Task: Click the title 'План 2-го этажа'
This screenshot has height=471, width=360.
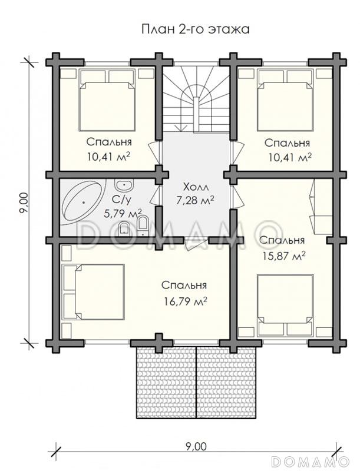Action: coord(196,29)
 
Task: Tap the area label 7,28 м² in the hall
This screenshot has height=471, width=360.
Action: coord(196,200)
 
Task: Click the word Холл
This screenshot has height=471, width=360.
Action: coord(196,187)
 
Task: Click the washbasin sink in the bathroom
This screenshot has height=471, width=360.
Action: coord(124,185)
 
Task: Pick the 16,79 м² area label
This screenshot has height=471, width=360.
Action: coord(185,301)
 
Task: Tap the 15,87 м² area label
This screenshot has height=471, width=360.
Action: coord(284,256)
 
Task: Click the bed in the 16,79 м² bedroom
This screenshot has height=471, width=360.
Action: coord(93,291)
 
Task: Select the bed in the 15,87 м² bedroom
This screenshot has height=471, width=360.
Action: coord(285,305)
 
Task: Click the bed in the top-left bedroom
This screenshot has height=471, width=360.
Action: coord(107,100)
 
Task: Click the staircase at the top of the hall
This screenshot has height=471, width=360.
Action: coord(197,98)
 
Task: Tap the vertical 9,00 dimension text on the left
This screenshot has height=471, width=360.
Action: coord(24,203)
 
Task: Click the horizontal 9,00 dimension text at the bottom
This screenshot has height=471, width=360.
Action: coord(196,447)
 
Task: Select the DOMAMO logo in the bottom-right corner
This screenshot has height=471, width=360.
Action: coord(311,461)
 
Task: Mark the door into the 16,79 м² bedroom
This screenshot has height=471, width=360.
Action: coord(196,243)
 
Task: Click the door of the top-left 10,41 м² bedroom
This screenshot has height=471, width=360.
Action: coord(154,152)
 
